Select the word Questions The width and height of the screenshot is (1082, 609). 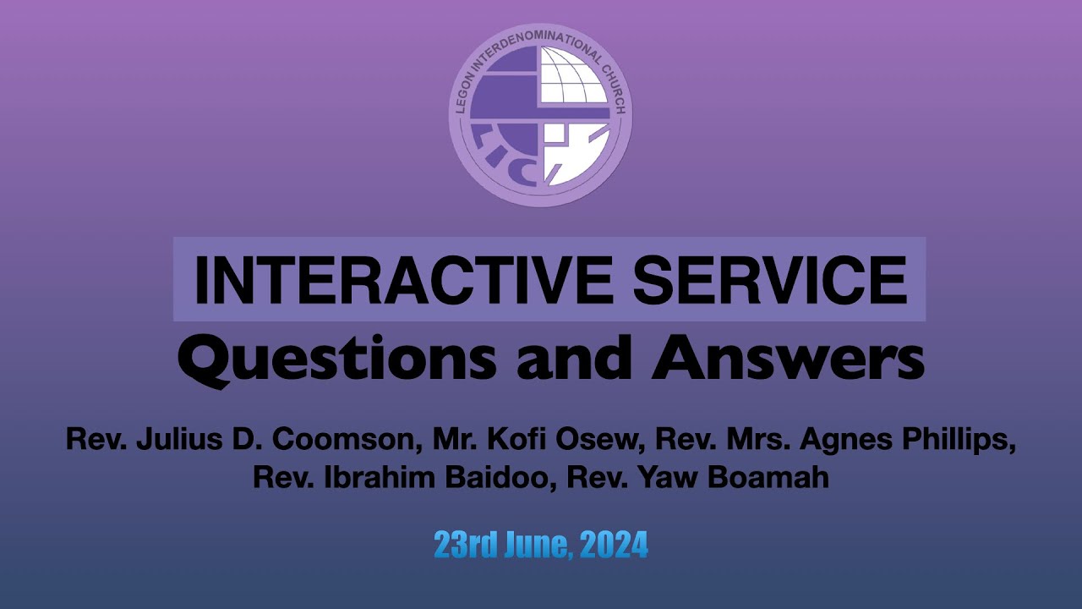coord(336,359)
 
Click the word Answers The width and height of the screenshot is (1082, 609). coord(788,359)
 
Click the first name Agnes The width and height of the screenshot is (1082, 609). coord(846,442)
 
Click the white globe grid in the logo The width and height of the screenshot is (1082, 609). coord(574,75)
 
